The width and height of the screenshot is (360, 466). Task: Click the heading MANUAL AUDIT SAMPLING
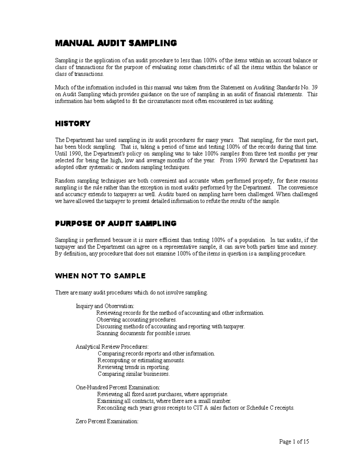(x=116, y=44)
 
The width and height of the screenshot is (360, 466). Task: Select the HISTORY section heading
(x=73, y=124)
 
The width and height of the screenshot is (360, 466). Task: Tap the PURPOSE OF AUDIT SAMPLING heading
(x=116, y=224)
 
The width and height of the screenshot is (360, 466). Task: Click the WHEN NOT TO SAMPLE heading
(x=100, y=276)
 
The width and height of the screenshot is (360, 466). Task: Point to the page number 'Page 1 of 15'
(x=294, y=442)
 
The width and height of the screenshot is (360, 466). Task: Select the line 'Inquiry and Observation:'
(x=105, y=306)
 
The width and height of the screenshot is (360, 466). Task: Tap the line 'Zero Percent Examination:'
(x=107, y=421)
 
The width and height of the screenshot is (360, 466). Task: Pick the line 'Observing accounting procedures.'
(x=136, y=320)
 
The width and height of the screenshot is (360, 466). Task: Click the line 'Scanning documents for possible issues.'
(x=143, y=333)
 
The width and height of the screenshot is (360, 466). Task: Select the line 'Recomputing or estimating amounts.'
(x=141, y=360)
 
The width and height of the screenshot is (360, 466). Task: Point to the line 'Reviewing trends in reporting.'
(x=133, y=367)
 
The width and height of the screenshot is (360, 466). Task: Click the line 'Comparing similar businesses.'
(x=133, y=374)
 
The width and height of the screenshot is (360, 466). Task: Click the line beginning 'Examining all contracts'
(x=164, y=401)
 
